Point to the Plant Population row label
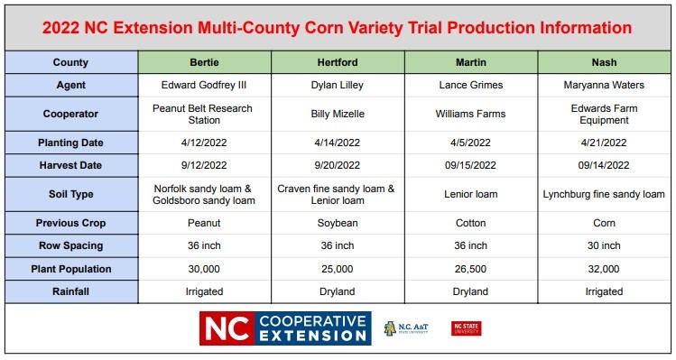[x=70, y=268]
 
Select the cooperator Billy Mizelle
[x=338, y=115]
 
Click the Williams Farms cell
[x=471, y=115]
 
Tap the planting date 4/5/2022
[x=471, y=143]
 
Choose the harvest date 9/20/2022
[x=338, y=165]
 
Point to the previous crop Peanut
[x=204, y=222]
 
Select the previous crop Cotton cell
[x=471, y=222]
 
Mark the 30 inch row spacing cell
[x=604, y=245]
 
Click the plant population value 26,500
[x=471, y=268]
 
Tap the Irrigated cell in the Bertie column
[x=204, y=291]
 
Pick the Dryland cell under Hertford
[x=338, y=291]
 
